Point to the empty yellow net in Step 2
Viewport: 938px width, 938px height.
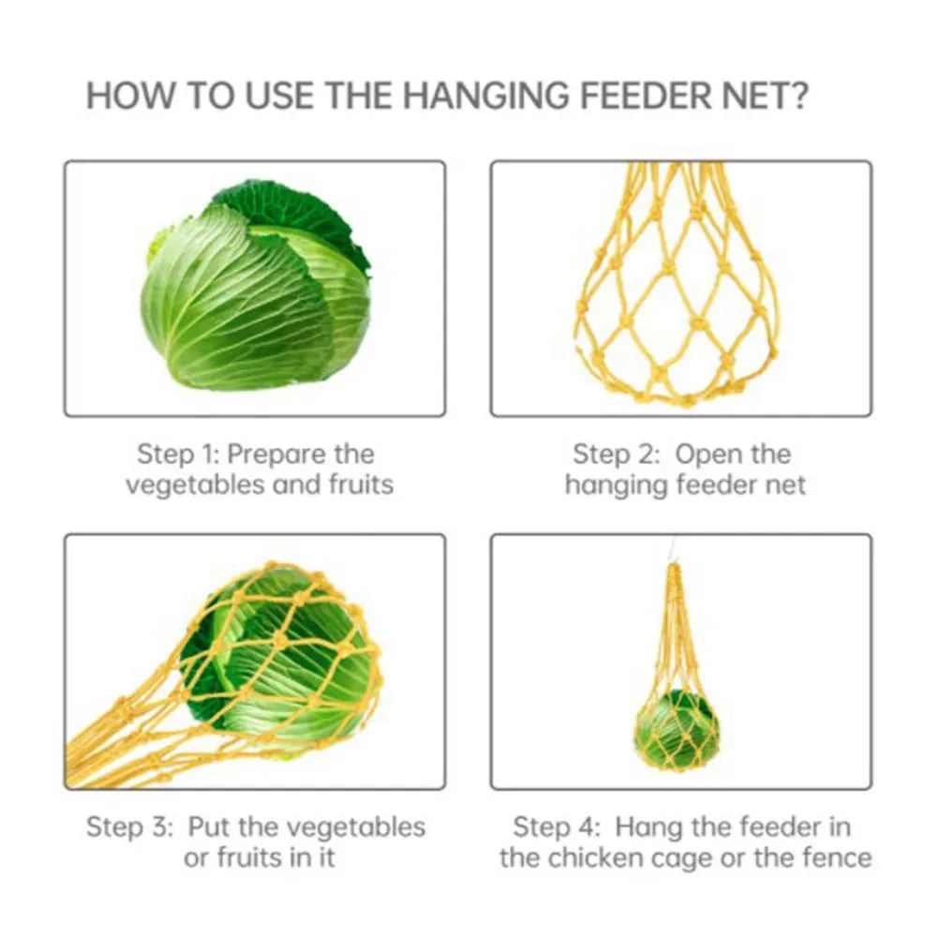pos(679,285)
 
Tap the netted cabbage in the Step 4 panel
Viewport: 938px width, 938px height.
pos(677,730)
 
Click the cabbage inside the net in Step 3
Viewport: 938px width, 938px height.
pos(280,658)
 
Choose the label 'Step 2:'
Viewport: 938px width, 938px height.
pos(617,454)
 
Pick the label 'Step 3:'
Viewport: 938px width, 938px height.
pos(129,827)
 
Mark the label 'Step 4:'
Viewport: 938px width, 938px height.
pos(557,827)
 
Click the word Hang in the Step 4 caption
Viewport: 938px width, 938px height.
pos(650,828)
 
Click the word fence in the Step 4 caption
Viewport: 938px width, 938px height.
pos(838,857)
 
